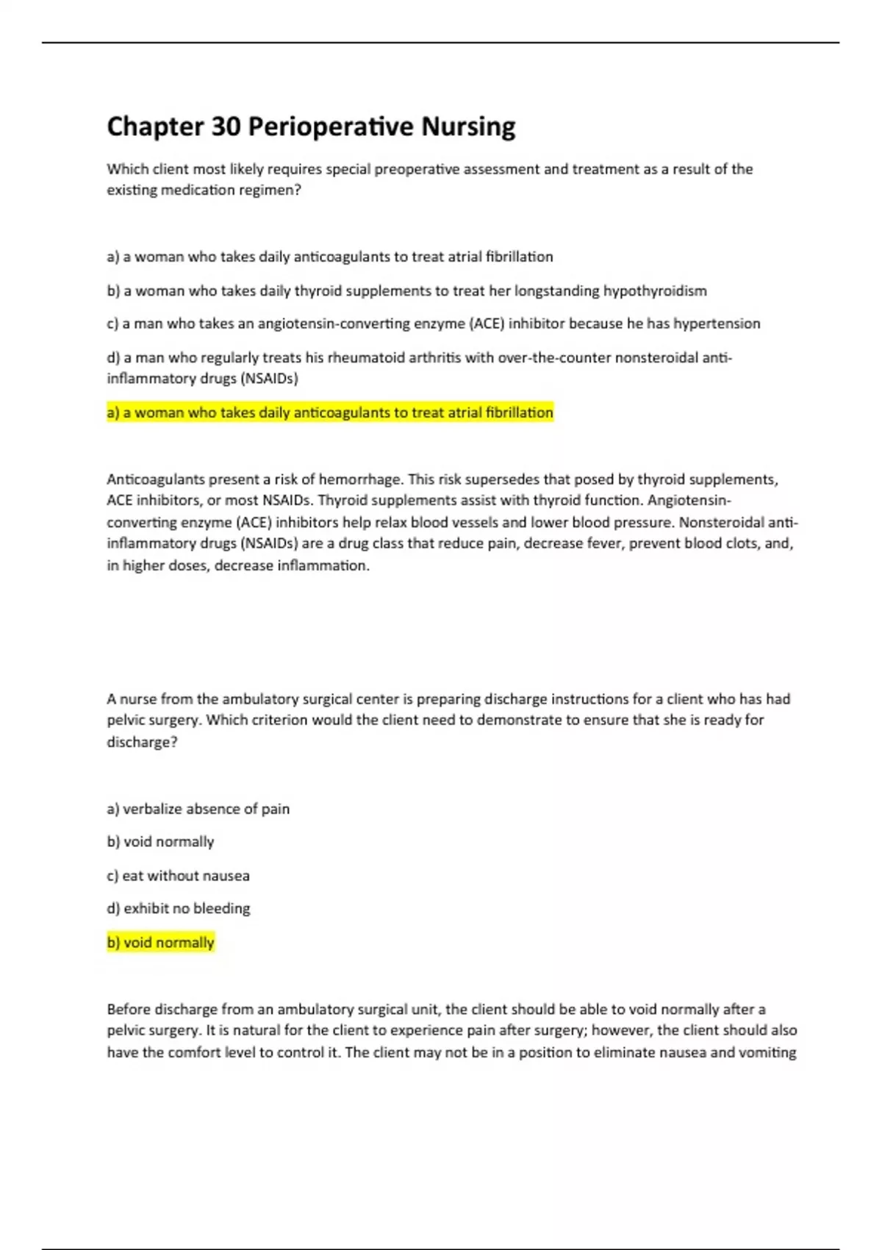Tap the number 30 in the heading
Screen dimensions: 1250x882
(226, 127)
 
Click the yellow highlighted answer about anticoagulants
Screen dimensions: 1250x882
(330, 413)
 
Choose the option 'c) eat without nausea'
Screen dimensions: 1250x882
(178, 876)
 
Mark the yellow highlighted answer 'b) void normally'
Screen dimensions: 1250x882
(160, 943)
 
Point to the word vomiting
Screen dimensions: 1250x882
(767, 1052)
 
